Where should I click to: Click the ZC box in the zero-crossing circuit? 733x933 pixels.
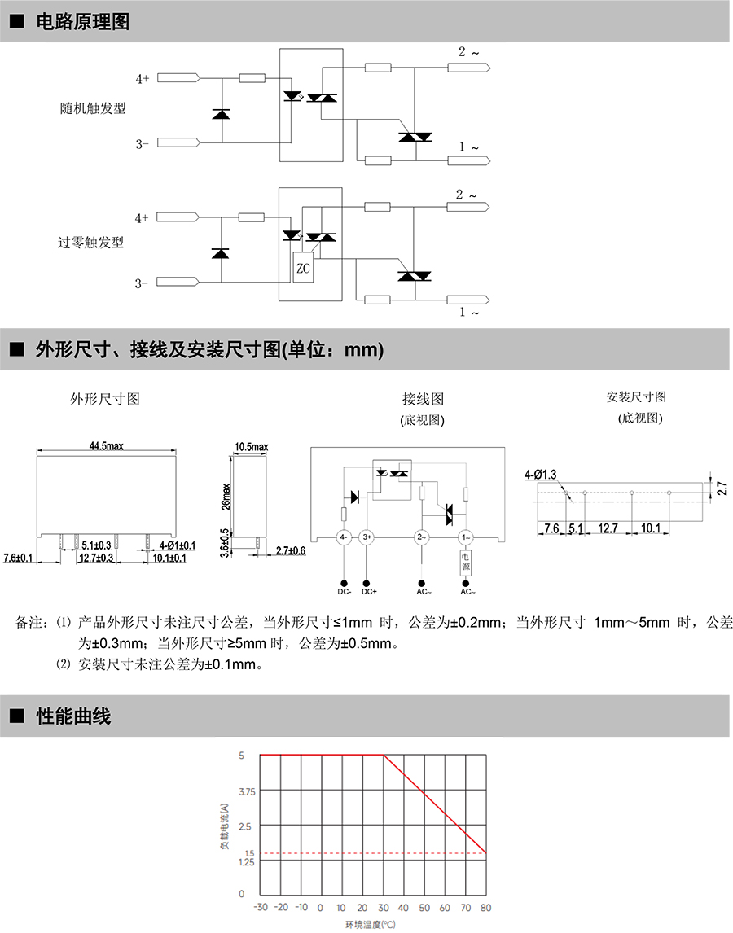pos(303,268)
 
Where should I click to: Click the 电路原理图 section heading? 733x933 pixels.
pos(82,22)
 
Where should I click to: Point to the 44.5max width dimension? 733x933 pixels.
pos(106,446)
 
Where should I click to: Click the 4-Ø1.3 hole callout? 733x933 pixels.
pos(541,474)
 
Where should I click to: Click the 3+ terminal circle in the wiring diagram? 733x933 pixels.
pos(366,537)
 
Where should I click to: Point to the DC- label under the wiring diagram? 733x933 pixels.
pos(344,592)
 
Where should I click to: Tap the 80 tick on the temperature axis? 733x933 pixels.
pos(486,907)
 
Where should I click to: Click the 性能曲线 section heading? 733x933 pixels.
pos(73,716)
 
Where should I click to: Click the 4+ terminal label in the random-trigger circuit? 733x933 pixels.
pos(142,78)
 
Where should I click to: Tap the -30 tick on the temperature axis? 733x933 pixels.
pos(261,907)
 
